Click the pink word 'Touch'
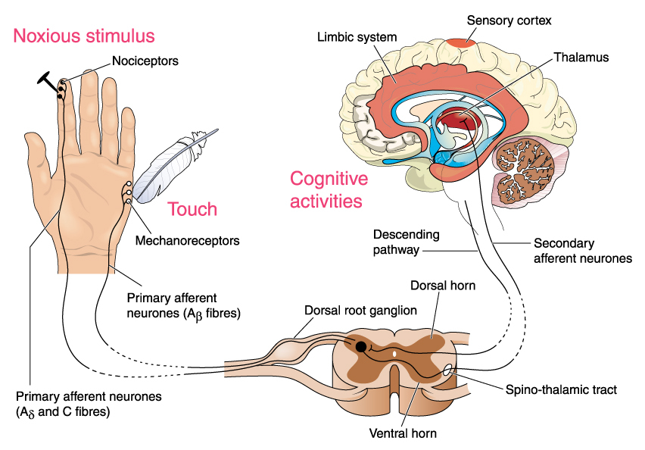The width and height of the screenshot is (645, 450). [x=192, y=209]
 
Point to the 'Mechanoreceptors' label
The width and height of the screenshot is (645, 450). [x=187, y=241]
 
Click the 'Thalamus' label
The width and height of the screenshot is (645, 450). [x=581, y=57]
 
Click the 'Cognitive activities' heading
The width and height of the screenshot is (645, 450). [x=329, y=190]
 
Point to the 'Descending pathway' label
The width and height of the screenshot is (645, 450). [x=405, y=242]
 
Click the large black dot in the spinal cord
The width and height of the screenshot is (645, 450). [x=361, y=347]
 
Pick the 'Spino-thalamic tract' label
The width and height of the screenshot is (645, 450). [x=562, y=390]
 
